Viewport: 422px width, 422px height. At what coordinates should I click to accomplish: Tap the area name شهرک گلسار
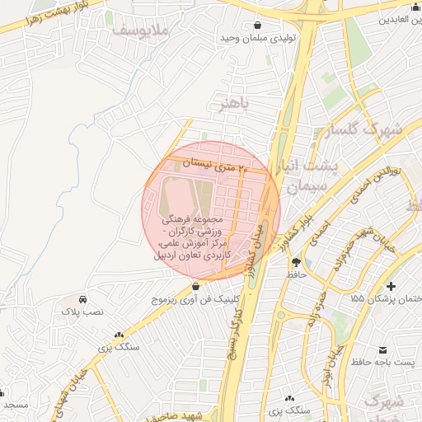pos(372,130)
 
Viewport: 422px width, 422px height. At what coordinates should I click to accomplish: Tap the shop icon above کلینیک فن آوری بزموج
pos(195,287)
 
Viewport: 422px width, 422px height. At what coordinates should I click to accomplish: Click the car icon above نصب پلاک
pos(83,299)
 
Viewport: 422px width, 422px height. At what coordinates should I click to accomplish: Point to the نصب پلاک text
pos(83,312)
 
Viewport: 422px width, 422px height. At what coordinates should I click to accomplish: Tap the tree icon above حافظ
pos(295,260)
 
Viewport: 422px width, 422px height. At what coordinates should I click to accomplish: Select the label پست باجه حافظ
pos(382,363)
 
